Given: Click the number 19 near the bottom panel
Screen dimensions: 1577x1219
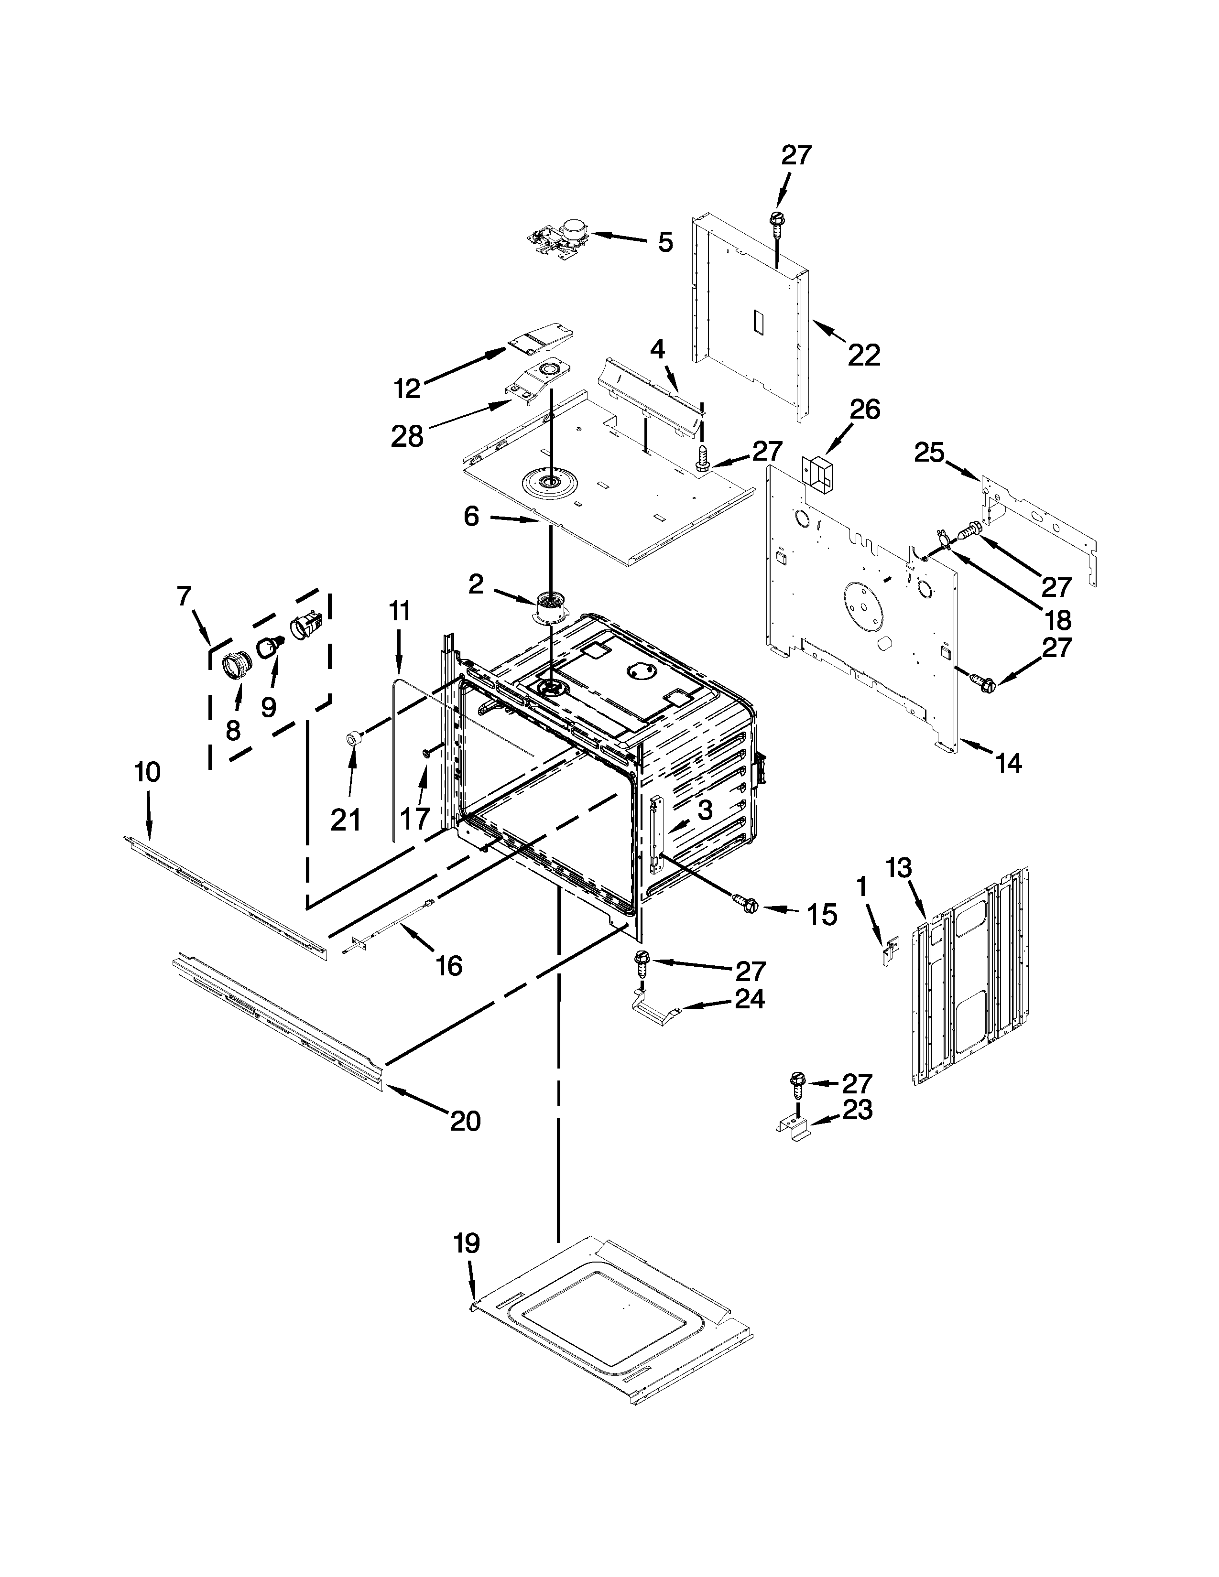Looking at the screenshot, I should tap(467, 1243).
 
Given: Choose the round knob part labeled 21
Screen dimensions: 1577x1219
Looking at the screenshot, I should tap(354, 736).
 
